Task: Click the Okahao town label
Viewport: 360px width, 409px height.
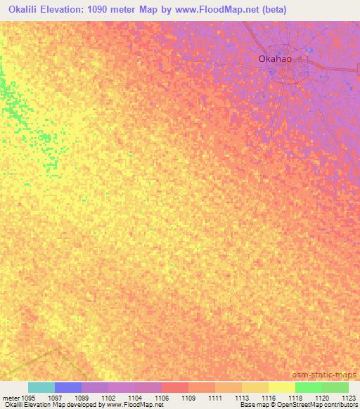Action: [x=276, y=60]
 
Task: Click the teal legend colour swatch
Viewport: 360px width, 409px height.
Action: [x=41, y=387]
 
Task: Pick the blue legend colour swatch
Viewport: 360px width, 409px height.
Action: [x=68, y=387]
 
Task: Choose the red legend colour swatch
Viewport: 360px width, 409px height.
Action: [x=175, y=387]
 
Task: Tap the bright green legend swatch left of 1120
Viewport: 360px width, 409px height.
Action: [x=309, y=387]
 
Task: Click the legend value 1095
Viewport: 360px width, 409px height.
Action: [x=28, y=398]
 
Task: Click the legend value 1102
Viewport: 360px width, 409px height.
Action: [x=109, y=398]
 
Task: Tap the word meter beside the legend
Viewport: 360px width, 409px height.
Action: [x=11, y=398]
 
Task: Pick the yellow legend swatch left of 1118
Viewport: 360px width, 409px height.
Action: [x=282, y=387]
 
